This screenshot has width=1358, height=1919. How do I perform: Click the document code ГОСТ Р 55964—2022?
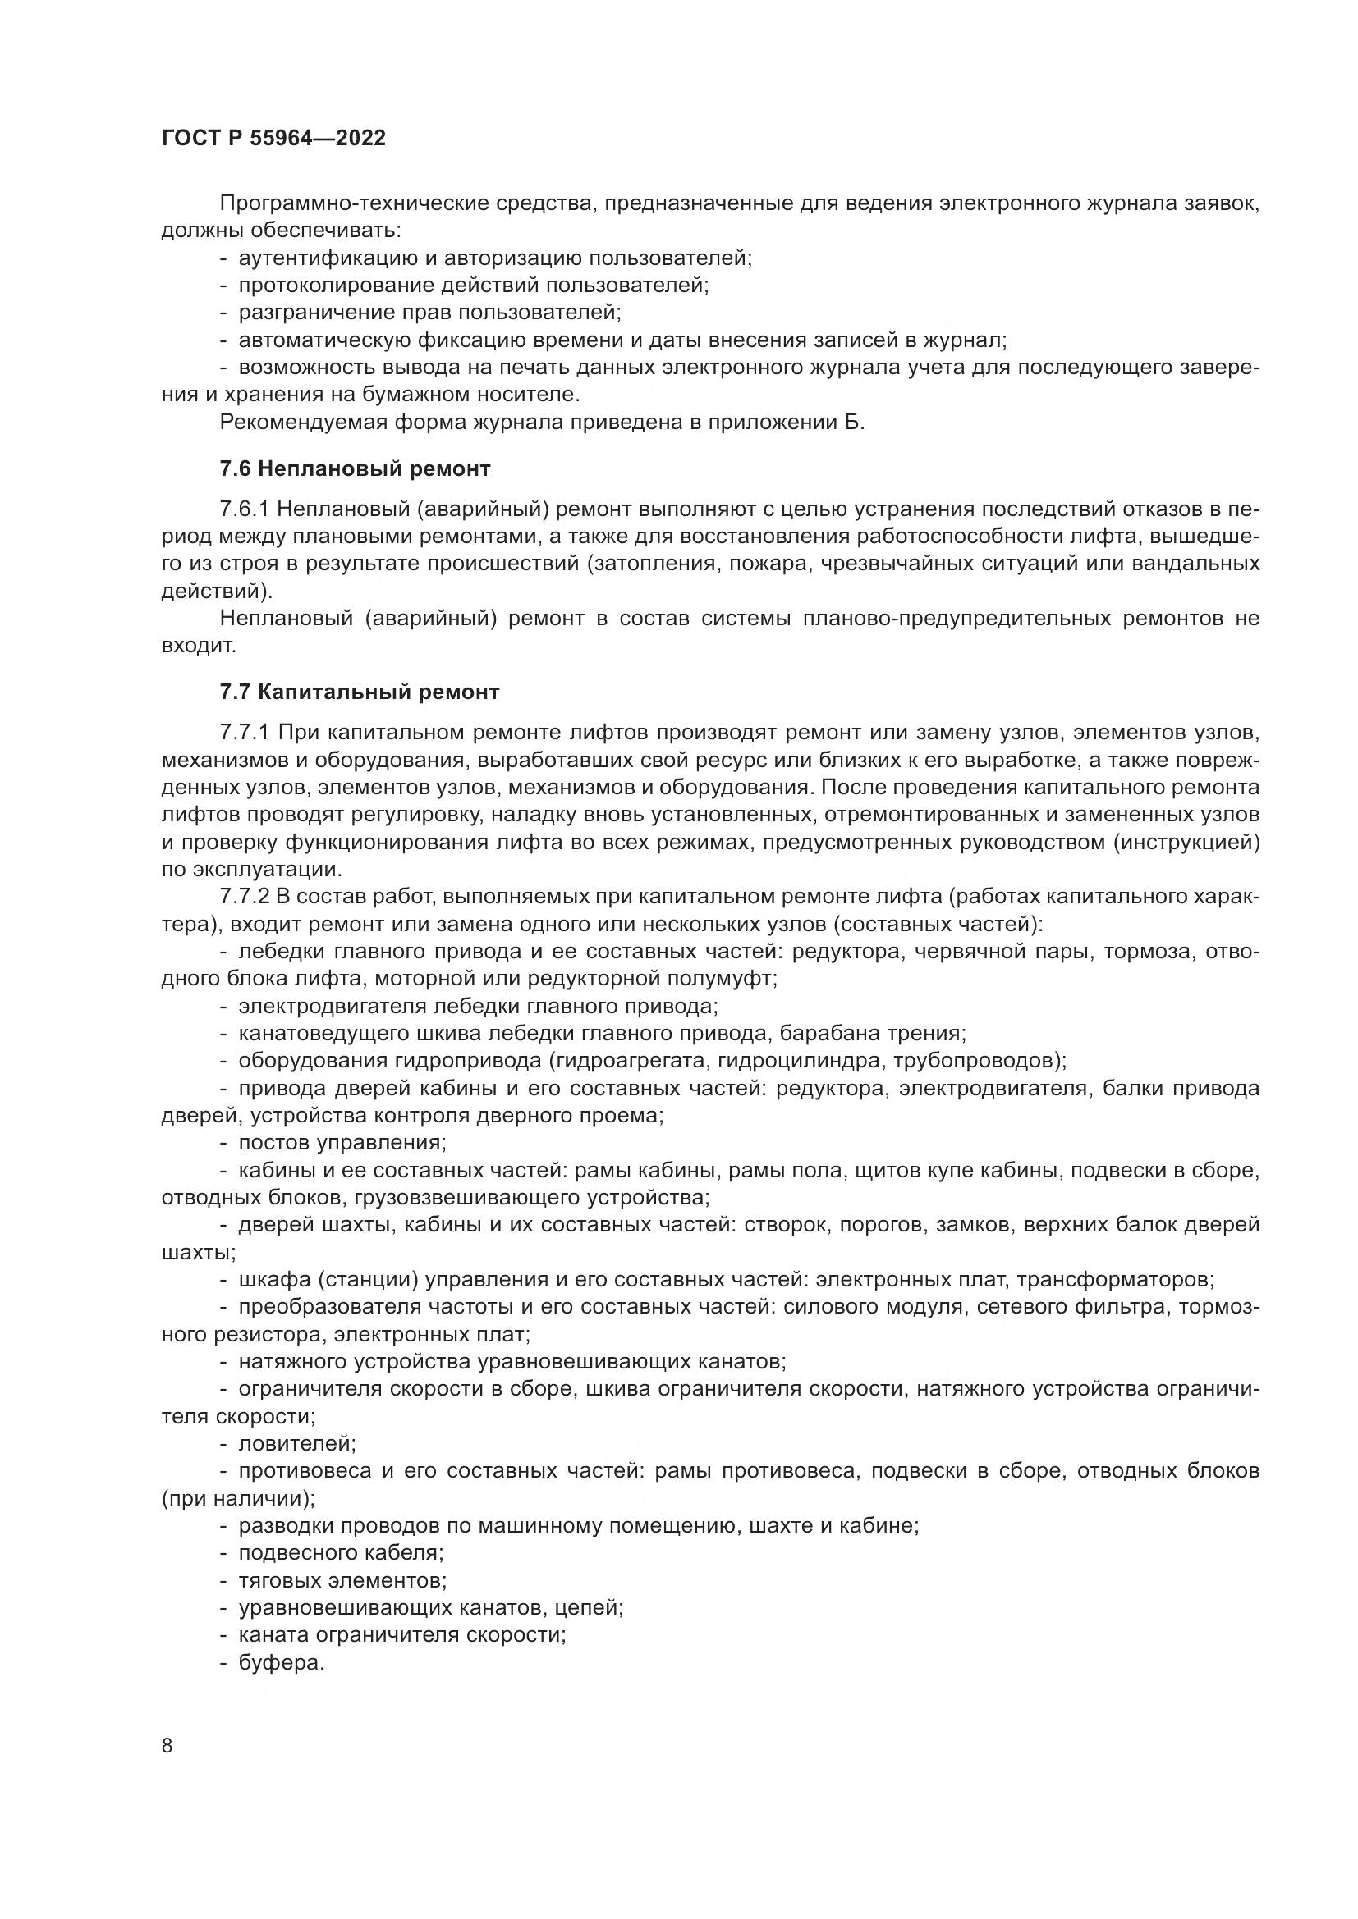[x=273, y=139]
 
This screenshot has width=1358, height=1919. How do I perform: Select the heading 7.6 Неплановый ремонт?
[x=355, y=469]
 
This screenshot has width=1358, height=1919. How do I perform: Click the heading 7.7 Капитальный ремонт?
[x=360, y=692]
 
